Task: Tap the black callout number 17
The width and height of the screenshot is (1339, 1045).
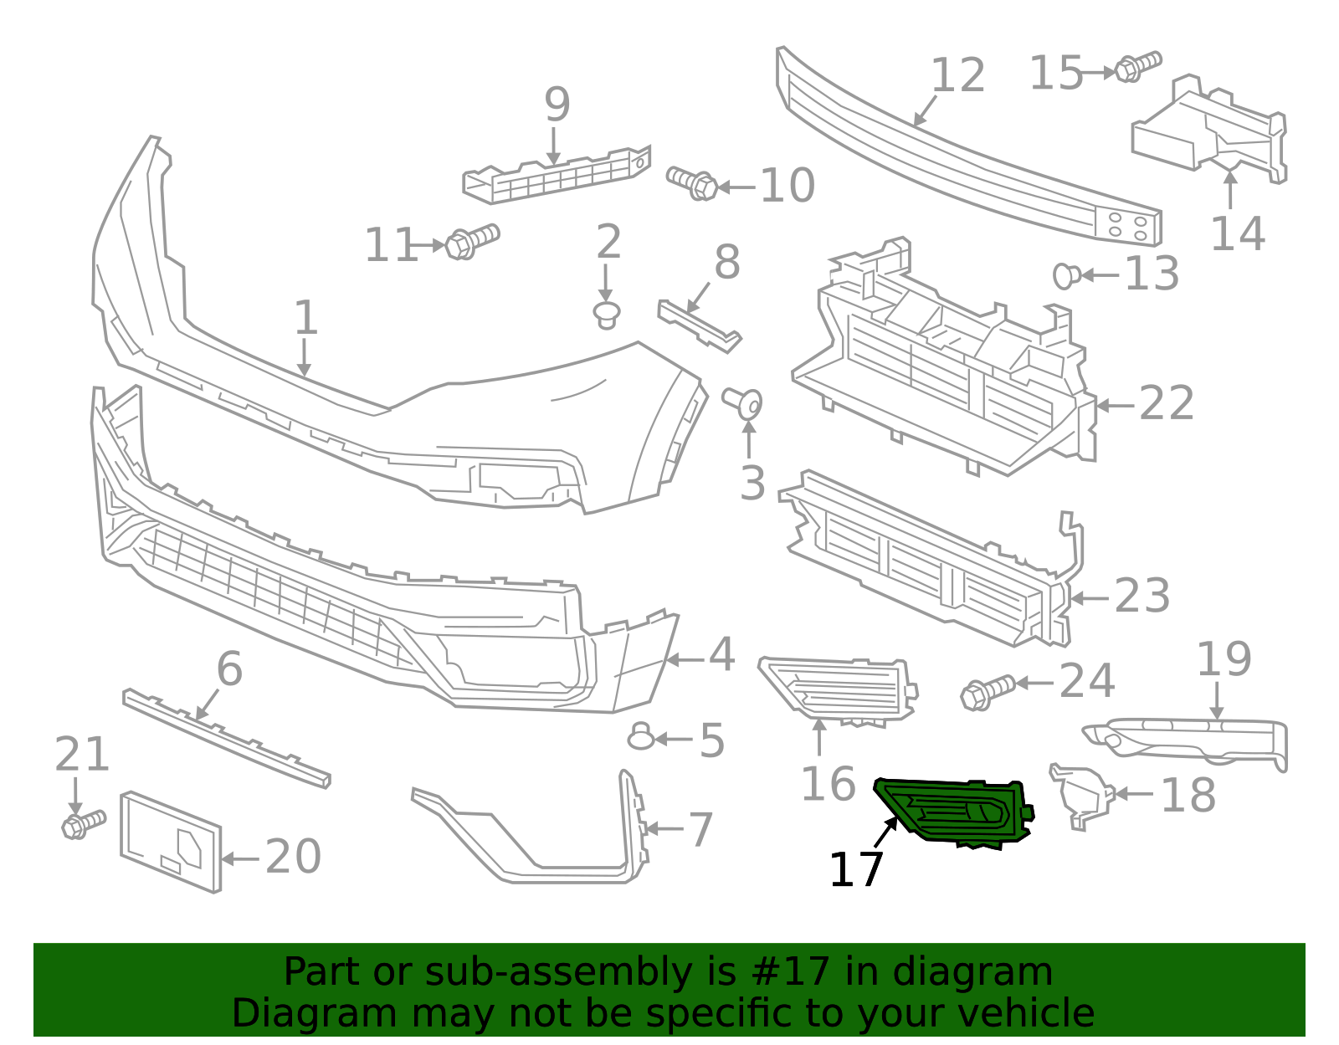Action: (x=855, y=870)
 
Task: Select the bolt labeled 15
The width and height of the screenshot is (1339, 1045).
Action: (x=1137, y=66)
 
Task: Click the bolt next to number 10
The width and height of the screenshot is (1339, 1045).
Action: (x=692, y=182)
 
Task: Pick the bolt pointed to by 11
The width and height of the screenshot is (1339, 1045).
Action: (x=471, y=241)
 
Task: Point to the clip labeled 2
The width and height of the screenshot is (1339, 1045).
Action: (x=607, y=315)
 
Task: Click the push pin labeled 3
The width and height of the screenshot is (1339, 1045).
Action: (x=744, y=403)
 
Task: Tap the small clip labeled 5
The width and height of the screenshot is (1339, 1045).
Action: (x=641, y=737)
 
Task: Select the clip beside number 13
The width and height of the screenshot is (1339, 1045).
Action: (x=1065, y=274)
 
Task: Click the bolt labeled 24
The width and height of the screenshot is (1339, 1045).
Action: (x=987, y=692)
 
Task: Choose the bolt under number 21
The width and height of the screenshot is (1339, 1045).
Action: (x=82, y=823)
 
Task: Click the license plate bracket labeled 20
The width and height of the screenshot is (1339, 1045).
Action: (x=172, y=840)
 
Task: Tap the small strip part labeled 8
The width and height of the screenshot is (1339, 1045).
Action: (x=699, y=325)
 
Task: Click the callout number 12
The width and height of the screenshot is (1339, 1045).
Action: (x=958, y=76)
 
